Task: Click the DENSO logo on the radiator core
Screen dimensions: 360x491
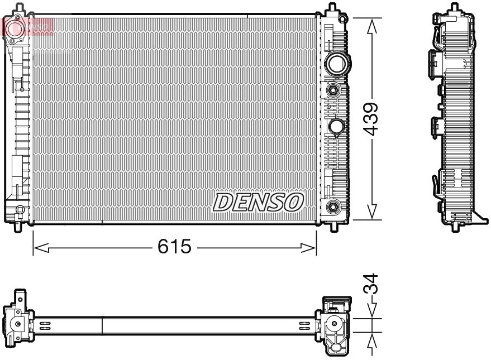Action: click(258, 202)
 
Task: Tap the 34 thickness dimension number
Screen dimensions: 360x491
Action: click(371, 285)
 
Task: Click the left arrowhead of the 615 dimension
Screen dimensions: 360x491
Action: click(38, 247)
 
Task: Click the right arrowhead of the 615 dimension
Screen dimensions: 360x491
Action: click(312, 247)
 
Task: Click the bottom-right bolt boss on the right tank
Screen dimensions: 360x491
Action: click(334, 207)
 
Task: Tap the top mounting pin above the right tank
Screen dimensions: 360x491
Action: click(332, 9)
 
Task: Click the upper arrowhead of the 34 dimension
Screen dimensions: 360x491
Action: click(371, 314)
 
